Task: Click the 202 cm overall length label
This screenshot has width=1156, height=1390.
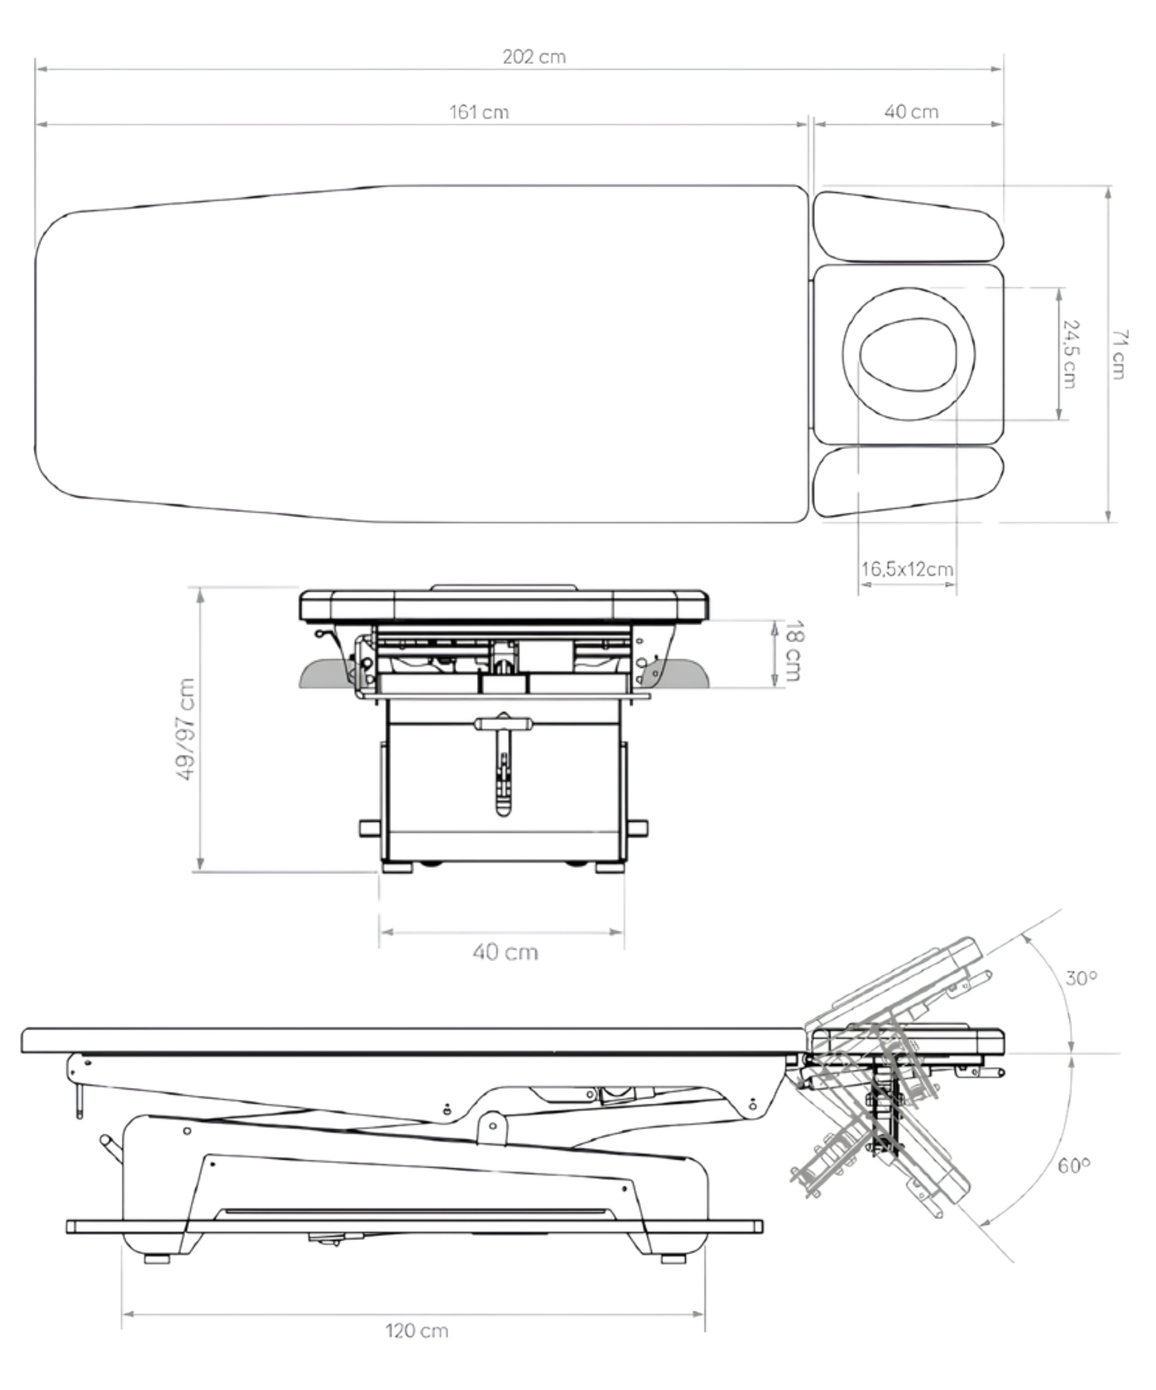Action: tap(534, 57)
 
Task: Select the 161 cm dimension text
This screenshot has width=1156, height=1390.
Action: tap(479, 112)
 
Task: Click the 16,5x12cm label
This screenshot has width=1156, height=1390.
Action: tap(906, 569)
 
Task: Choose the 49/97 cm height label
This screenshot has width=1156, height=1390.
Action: tap(187, 729)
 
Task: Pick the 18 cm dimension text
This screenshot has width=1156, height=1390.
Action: tap(793, 651)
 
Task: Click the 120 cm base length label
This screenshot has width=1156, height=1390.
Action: tap(417, 1331)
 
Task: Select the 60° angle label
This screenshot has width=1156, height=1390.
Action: tap(1074, 1165)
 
